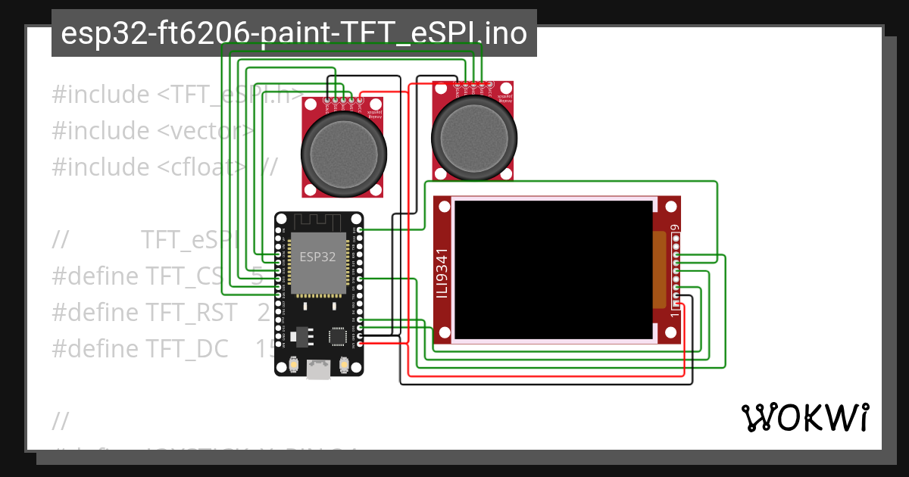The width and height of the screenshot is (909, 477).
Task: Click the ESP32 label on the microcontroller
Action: tap(317, 257)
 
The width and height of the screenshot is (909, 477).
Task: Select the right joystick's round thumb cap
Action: tap(474, 136)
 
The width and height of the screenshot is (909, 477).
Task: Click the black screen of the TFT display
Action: tap(554, 270)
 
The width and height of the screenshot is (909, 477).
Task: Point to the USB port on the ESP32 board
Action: tap(318, 369)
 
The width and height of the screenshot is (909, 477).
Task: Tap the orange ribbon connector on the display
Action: tap(658, 269)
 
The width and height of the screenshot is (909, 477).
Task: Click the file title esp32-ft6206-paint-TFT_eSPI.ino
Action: tap(294, 33)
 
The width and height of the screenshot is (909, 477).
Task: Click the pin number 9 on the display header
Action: tap(674, 226)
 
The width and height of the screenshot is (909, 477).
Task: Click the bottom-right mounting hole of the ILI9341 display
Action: tap(670, 332)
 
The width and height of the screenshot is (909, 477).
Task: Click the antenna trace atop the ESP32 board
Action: tap(318, 222)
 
